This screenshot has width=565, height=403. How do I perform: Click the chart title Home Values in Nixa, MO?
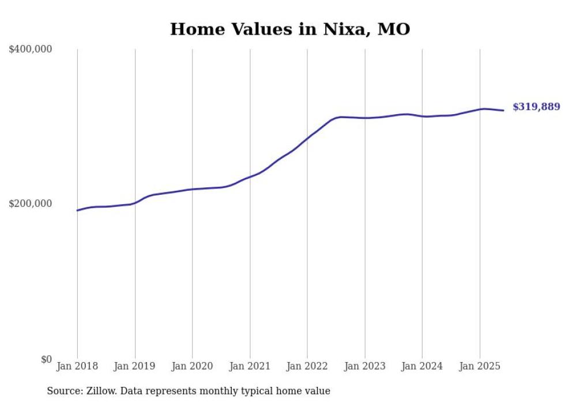[290, 29]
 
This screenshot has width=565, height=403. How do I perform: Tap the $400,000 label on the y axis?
[31, 50]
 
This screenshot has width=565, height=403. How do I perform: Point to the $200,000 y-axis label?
[31, 204]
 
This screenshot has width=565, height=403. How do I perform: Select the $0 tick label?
[46, 359]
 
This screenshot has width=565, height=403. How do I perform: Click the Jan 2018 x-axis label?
[77, 366]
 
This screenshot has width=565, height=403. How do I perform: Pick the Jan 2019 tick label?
[135, 366]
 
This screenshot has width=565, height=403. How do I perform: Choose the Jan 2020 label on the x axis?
[193, 366]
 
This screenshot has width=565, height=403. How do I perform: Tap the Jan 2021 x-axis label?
[250, 366]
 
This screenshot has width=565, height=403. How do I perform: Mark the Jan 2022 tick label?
[307, 366]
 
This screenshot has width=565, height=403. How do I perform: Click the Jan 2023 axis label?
[365, 366]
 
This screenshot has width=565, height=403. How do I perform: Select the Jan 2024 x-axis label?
[422, 366]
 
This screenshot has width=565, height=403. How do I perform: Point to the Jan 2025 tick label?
[480, 366]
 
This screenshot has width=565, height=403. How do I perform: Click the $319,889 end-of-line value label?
[536, 107]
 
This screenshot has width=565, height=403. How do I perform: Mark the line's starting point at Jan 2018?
[77, 210]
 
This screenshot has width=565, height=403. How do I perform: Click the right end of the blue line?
[504, 110]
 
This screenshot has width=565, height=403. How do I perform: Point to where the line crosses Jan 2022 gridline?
[307, 138]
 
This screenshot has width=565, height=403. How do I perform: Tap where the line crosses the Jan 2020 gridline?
[193, 189]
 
